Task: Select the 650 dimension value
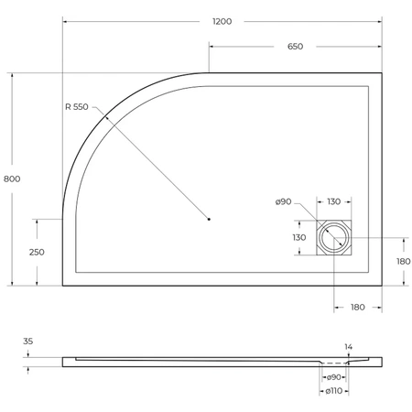point(295,47)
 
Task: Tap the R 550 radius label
point(77,107)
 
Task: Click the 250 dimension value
point(36,252)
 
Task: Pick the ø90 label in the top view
point(283,202)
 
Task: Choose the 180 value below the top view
point(358,308)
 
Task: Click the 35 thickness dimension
point(28,342)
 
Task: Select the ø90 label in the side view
point(334,377)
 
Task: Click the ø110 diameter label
point(334,392)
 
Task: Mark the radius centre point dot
point(209,219)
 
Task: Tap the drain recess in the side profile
point(334,362)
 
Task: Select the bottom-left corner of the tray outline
point(62,286)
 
